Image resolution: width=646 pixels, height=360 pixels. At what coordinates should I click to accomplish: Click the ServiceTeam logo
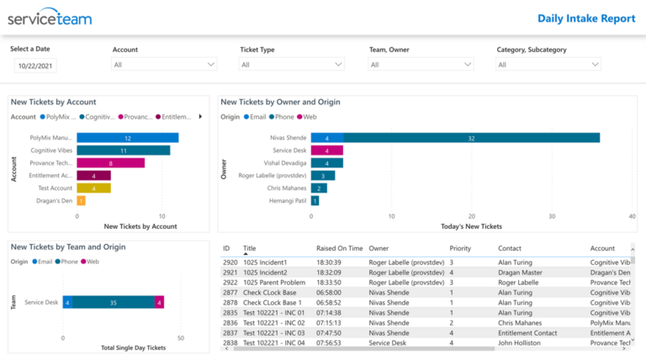50,18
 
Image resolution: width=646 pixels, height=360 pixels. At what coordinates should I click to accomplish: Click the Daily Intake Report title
586,19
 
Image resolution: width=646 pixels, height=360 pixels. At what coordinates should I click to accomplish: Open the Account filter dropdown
165,64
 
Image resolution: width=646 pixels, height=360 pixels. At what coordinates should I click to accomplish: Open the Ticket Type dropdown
292,64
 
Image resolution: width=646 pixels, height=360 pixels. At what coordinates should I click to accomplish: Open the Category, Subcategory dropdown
548,64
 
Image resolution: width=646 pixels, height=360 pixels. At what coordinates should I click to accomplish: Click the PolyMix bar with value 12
127,138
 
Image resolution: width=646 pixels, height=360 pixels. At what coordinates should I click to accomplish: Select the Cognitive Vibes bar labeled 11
123,151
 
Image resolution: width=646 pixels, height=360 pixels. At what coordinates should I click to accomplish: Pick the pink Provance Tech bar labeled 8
110,163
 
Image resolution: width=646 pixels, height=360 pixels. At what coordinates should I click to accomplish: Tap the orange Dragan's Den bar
81,200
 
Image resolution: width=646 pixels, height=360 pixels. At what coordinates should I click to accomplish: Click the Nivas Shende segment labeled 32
471,138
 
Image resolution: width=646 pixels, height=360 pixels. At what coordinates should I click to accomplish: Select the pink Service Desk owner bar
326,151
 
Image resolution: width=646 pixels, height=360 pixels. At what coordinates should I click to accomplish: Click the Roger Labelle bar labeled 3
323,176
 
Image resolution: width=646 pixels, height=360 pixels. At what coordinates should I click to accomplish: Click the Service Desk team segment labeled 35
113,302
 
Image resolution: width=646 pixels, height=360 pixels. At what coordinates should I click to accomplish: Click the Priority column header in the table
460,249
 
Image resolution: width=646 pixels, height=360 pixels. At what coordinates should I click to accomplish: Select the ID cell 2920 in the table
230,262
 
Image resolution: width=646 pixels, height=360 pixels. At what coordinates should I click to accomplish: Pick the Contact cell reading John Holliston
519,343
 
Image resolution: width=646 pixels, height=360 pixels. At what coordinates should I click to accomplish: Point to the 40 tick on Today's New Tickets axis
632,215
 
